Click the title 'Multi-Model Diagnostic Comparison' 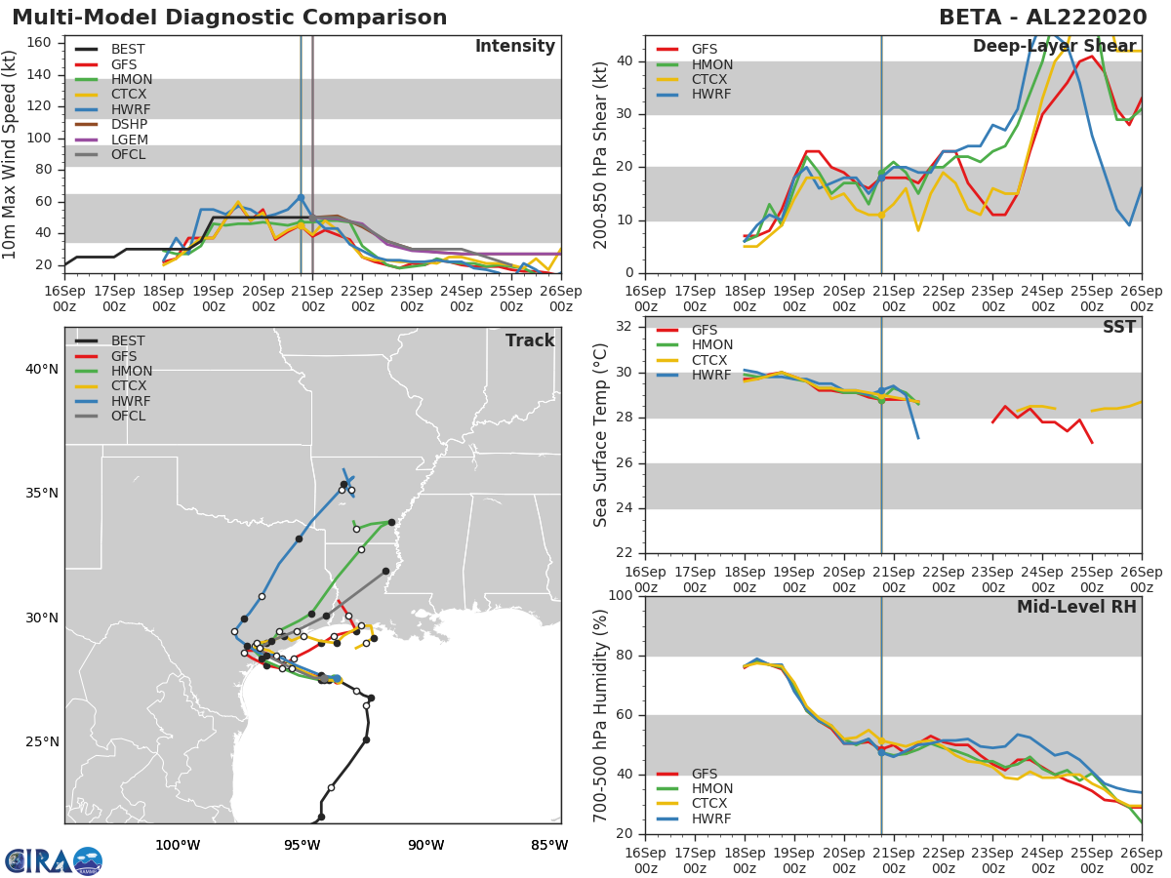pyautogui.click(x=229, y=18)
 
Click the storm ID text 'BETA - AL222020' pyautogui.click(x=1042, y=18)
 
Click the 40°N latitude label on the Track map pyautogui.click(x=42, y=369)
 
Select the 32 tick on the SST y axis pyautogui.click(x=625, y=327)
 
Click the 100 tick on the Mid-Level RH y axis pyautogui.click(x=621, y=595)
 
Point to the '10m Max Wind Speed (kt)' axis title pyautogui.click(x=9, y=154)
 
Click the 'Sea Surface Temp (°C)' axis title pyautogui.click(x=600, y=435)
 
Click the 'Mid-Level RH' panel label pyautogui.click(x=1076, y=607)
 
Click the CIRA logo pyautogui.click(x=54, y=860)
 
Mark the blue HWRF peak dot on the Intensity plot pyautogui.click(x=301, y=198)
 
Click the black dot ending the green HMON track pyautogui.click(x=391, y=523)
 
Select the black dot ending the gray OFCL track pyautogui.click(x=385, y=572)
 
